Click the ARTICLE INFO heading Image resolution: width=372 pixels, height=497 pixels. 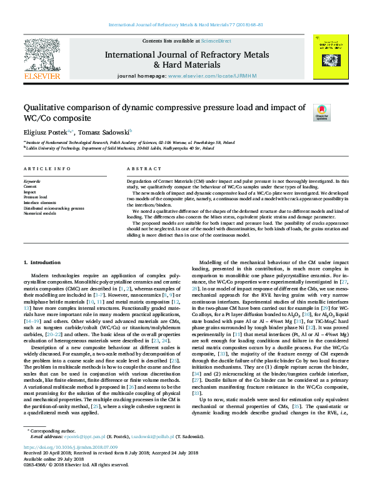click(x=47, y=170)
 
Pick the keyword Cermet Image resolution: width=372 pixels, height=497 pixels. click(x=30, y=187)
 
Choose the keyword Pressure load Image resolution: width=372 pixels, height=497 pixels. click(x=35, y=197)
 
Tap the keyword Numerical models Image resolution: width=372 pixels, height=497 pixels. click(x=41, y=213)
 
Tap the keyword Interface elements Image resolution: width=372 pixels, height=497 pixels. click(x=40, y=203)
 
